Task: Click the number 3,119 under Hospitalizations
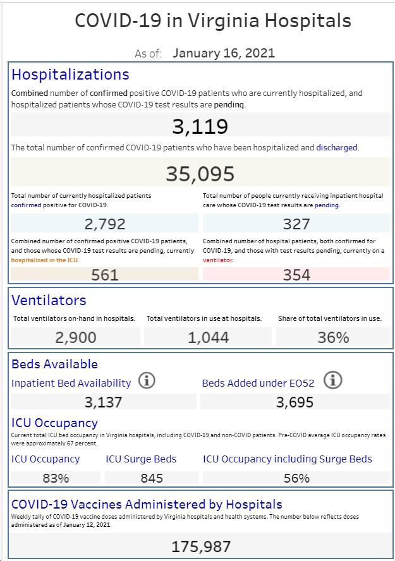pos(200,126)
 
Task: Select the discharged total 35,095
pos(200,174)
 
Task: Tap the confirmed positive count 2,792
pos(105,224)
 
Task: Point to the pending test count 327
pos(296,224)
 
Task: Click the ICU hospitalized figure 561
pos(105,275)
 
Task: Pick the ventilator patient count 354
pos(296,275)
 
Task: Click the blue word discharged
pos(337,147)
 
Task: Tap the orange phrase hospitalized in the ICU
pos(44,260)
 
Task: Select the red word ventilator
pos(217,260)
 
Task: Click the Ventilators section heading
pos(49,300)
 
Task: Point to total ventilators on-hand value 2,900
pos(75,337)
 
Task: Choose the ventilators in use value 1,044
pos(208,337)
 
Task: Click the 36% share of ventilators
pos(333,337)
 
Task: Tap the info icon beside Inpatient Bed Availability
pos(147,380)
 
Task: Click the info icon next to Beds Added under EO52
pos(332,380)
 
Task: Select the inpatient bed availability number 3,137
pos(104,402)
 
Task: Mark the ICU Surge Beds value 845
pos(152,478)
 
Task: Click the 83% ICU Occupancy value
pos(56,478)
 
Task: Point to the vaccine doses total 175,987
pos(201,546)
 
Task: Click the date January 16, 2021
pos(224,53)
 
